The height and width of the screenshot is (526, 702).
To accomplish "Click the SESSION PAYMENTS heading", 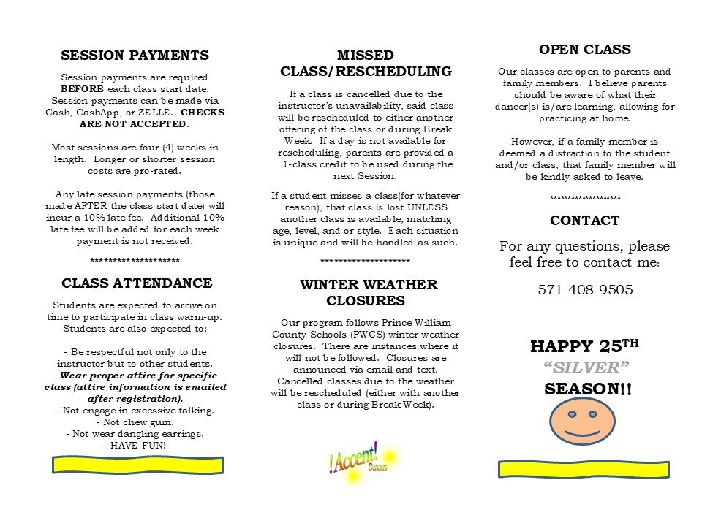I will coord(135,56).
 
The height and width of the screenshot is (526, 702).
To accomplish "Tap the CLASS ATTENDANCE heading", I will coord(137,283).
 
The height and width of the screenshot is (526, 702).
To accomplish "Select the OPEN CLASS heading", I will coord(584,50).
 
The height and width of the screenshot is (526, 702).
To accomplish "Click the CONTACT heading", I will coord(584,221).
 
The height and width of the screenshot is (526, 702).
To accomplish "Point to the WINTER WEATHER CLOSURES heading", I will coord(369,292).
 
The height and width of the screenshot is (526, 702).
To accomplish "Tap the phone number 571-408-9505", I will coord(585,290).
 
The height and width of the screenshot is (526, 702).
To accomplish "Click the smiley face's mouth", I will coord(582,430).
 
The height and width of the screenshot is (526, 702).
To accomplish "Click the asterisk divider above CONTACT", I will coord(584,199).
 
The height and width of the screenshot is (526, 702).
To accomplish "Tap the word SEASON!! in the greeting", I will coord(587,389).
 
